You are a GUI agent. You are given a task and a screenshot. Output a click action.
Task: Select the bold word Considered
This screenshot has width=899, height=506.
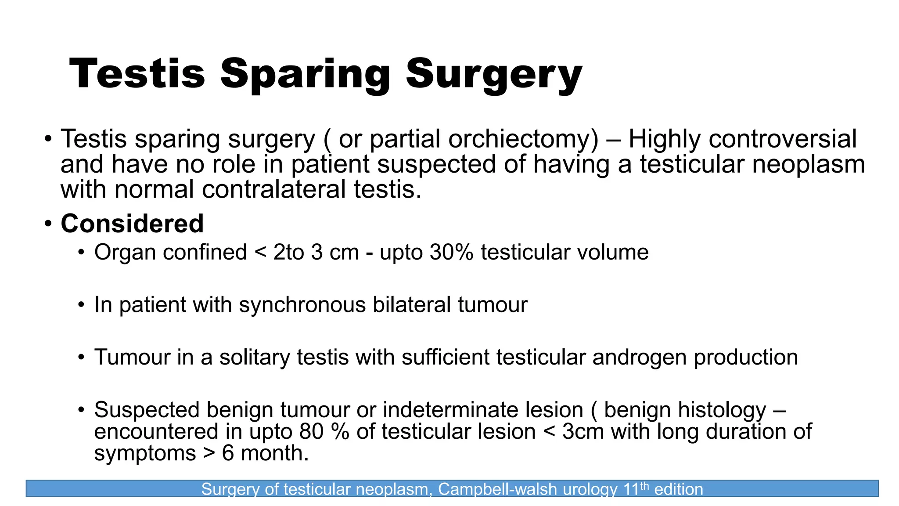click(132, 224)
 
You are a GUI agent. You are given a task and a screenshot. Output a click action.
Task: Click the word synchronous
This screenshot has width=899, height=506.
click(302, 305)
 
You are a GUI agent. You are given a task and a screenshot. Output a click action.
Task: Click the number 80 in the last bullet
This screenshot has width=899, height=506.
click(311, 431)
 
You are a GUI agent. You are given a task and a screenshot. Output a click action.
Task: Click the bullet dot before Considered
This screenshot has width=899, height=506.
click(48, 224)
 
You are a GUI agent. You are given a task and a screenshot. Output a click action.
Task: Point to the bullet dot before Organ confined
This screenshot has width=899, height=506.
click(81, 253)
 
